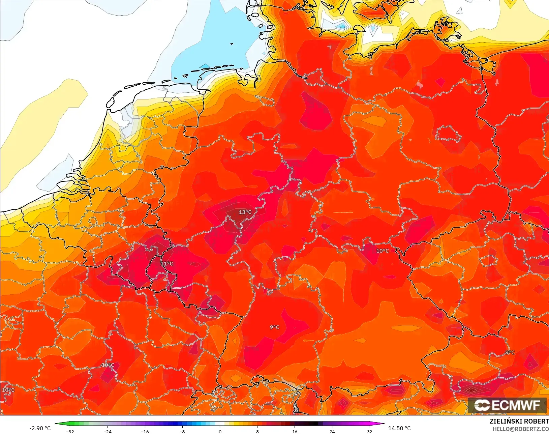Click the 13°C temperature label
point(245,212)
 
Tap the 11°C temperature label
point(167,264)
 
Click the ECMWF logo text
point(516,405)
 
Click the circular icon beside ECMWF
point(482,405)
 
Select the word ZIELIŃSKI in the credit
point(504,422)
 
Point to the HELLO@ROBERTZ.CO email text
point(521,429)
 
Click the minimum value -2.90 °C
point(40,428)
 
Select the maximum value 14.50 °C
point(399,428)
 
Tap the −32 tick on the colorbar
point(70,432)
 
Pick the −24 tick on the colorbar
point(107,432)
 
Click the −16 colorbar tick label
point(145,432)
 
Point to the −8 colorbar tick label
point(182,432)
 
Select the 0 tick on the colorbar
point(220,432)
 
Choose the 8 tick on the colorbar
point(257,432)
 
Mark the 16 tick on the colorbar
point(295,432)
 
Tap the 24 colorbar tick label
point(332,432)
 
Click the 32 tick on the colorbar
point(370,432)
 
